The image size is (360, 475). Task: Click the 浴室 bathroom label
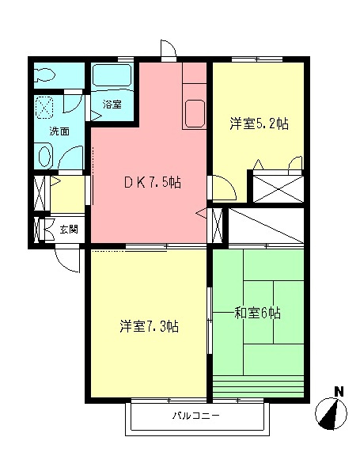[x=112, y=104]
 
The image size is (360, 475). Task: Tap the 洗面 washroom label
[x=59, y=131]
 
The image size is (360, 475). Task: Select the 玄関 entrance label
[x=68, y=230]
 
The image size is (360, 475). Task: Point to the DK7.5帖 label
[x=153, y=182]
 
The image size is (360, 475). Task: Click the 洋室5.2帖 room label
[x=259, y=123]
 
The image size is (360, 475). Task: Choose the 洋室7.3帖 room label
[x=150, y=326]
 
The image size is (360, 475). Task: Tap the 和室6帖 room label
[x=258, y=313]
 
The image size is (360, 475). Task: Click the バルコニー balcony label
[x=196, y=416]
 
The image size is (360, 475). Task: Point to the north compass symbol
[x=331, y=413]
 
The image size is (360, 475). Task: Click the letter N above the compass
[x=339, y=392]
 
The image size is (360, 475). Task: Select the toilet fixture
[x=44, y=74]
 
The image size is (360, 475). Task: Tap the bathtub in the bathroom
[x=112, y=75]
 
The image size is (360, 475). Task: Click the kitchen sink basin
[x=195, y=113]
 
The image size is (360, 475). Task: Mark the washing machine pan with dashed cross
[x=45, y=107]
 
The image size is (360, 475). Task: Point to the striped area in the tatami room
[x=258, y=386]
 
